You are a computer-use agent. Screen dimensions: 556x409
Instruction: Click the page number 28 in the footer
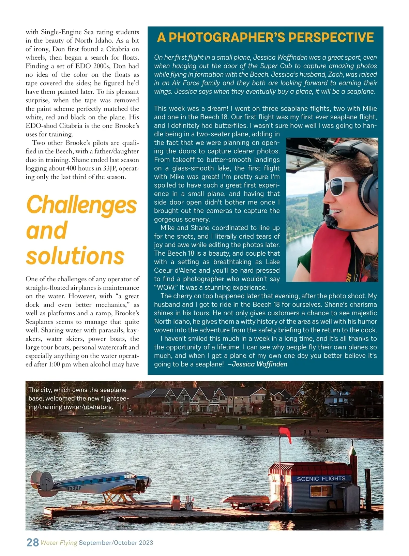[x=32, y=542]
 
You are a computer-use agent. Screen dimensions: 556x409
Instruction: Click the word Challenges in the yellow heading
[x=81, y=205]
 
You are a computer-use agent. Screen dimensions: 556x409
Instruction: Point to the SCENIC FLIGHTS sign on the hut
[x=321, y=479]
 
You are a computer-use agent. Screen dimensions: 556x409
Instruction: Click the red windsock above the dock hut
[x=286, y=435]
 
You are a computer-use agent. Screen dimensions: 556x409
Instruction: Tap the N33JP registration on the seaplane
[x=73, y=489]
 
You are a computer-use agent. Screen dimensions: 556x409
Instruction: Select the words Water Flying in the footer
[x=59, y=543]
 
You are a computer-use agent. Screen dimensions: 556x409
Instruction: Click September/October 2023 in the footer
[x=116, y=543]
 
